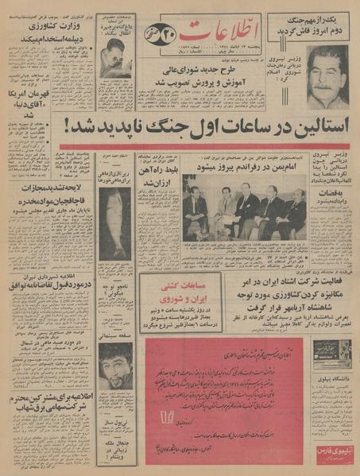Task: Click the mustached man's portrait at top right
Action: coord(327,76)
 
